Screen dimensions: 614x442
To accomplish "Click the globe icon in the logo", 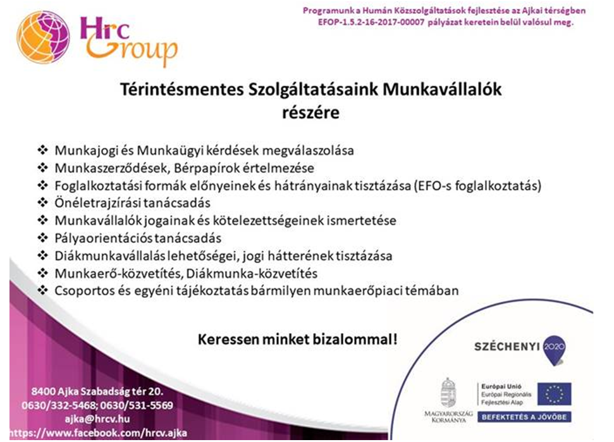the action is pos(43,37).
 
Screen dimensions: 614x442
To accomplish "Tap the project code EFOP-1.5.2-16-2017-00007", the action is pos(371,22).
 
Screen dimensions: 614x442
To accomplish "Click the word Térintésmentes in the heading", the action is pos(181,90).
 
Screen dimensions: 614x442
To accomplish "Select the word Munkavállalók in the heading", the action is pos(442,90).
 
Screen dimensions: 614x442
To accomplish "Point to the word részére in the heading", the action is pos(311,113).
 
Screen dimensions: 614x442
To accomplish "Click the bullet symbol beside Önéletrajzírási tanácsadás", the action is pos(42,202).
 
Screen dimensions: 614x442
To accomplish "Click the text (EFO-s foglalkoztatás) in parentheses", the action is pos(477,185).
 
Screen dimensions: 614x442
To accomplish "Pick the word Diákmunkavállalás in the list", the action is pos(110,256).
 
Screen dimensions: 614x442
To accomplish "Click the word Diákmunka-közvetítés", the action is pos(252,273).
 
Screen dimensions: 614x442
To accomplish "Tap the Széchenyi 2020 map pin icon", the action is pos(554,350).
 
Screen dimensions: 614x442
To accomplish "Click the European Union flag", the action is pos(554,394).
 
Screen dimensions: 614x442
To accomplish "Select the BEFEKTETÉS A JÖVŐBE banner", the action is pos(524,417).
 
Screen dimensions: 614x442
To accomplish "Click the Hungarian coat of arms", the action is pos(448,393).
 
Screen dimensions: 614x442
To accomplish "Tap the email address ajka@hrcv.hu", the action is pos(97,419).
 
